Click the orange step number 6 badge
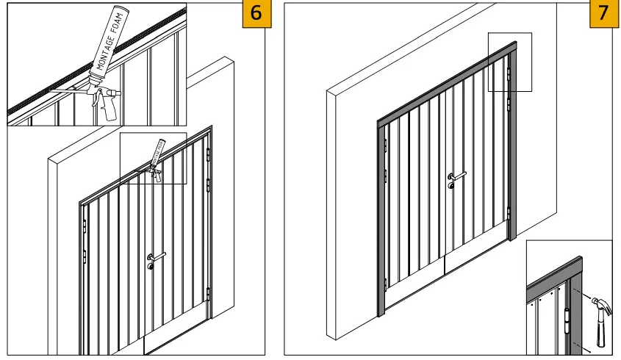(x=256, y=14)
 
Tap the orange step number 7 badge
(x=604, y=14)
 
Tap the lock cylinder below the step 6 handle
(x=151, y=267)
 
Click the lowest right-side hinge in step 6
(x=208, y=293)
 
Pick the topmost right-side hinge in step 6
(x=209, y=156)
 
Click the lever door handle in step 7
(x=456, y=176)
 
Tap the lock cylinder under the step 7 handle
(x=451, y=186)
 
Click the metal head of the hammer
(x=596, y=304)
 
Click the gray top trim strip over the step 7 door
(x=441, y=85)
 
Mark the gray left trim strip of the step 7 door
(x=381, y=220)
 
